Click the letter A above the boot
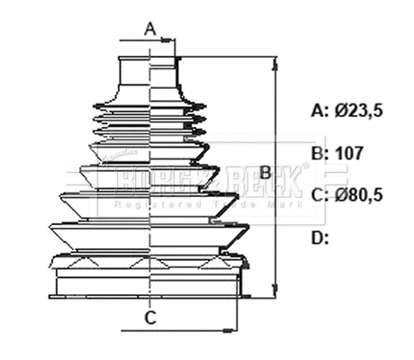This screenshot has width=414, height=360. pos(151,30)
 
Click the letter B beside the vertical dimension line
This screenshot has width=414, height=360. pos(265,171)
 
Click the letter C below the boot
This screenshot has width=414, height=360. pos(151,317)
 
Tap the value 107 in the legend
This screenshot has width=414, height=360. pos(348,153)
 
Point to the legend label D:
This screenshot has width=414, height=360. pos(319,238)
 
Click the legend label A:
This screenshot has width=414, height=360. pos(319,111)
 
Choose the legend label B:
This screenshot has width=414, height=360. pos(319,153)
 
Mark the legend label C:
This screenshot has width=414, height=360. pos(319,195)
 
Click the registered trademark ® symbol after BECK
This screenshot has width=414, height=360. pos(305,166)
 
